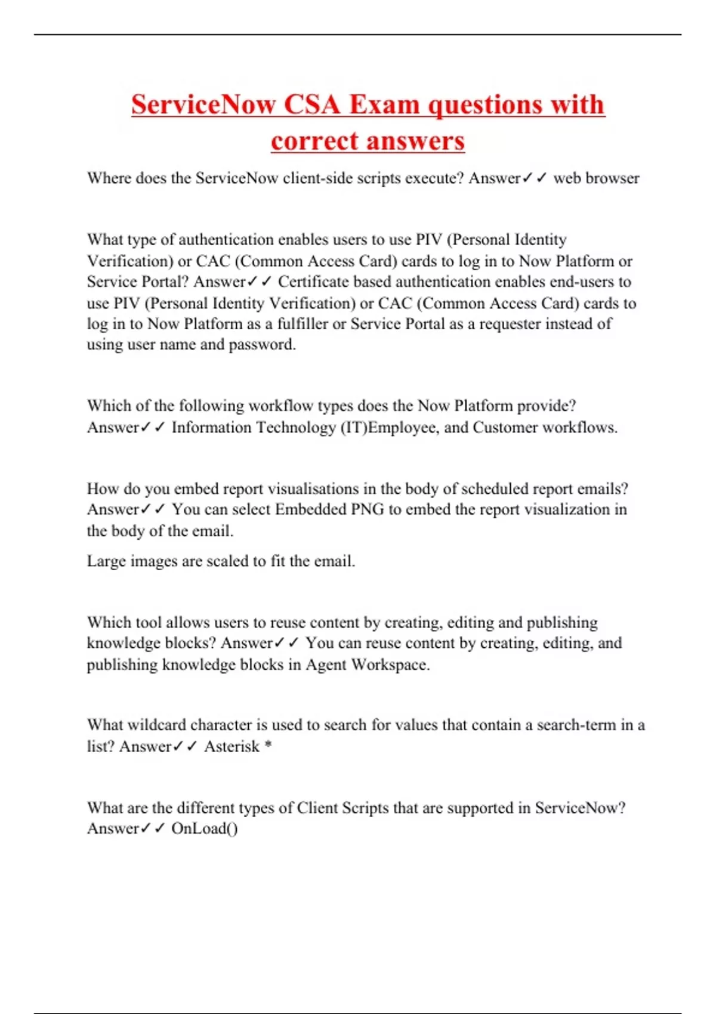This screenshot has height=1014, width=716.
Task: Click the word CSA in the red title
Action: [311, 105]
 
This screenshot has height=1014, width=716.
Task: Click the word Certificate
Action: [313, 282]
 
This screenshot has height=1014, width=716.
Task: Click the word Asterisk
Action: [232, 747]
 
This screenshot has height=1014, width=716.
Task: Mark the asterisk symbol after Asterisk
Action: [268, 746]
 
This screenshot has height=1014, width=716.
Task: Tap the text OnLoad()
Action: [204, 829]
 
